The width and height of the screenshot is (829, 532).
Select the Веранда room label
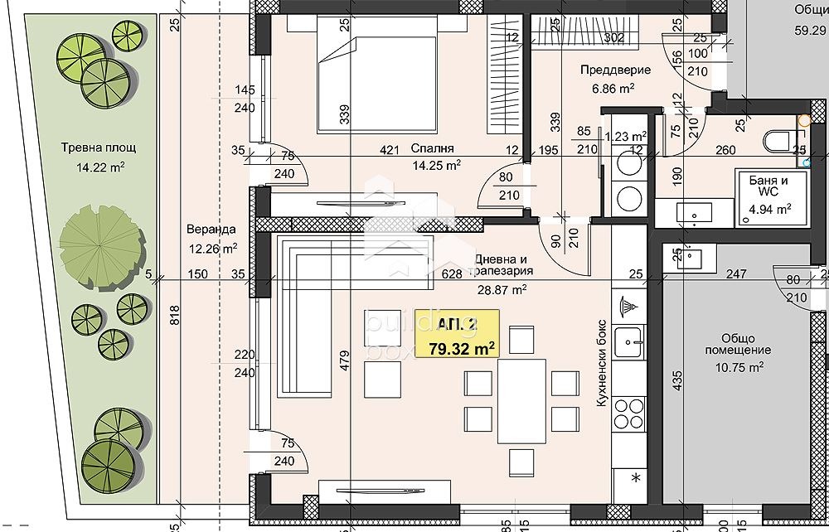tap(211, 230)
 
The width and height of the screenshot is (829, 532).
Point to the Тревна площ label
tap(98, 148)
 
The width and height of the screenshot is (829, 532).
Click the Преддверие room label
tap(615, 70)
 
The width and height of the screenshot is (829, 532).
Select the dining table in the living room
tap(521, 402)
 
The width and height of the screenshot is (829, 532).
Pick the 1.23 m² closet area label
tap(626, 137)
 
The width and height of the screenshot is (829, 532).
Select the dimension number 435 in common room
tap(678, 380)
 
